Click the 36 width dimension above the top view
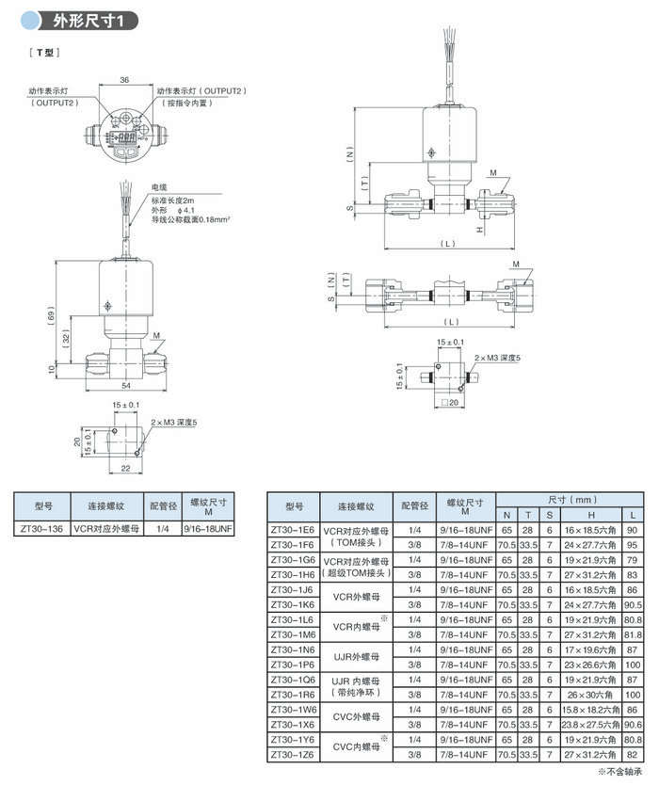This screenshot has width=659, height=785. point(125,81)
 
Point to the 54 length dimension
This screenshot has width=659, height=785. point(125,385)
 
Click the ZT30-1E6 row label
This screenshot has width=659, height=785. point(294,530)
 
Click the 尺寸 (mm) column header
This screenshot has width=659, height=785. point(571,499)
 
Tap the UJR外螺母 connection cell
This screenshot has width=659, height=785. point(356,657)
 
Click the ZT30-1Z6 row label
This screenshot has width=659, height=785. point(294,755)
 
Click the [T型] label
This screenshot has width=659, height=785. point(43,53)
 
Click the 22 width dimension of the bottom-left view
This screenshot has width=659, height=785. point(125,468)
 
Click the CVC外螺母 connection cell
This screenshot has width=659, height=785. point(356,716)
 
